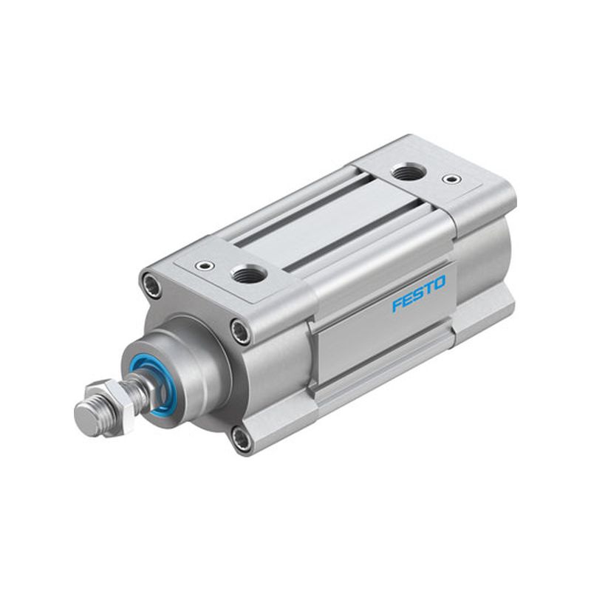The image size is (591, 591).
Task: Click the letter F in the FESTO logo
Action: point(397,305)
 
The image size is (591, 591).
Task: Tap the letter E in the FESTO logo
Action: point(407,300)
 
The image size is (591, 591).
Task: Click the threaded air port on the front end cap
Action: point(248,273)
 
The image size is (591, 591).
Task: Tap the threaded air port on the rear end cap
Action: point(409,172)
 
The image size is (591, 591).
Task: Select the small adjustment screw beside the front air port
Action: point(205,266)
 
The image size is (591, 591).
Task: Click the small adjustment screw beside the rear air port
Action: point(451,178)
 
